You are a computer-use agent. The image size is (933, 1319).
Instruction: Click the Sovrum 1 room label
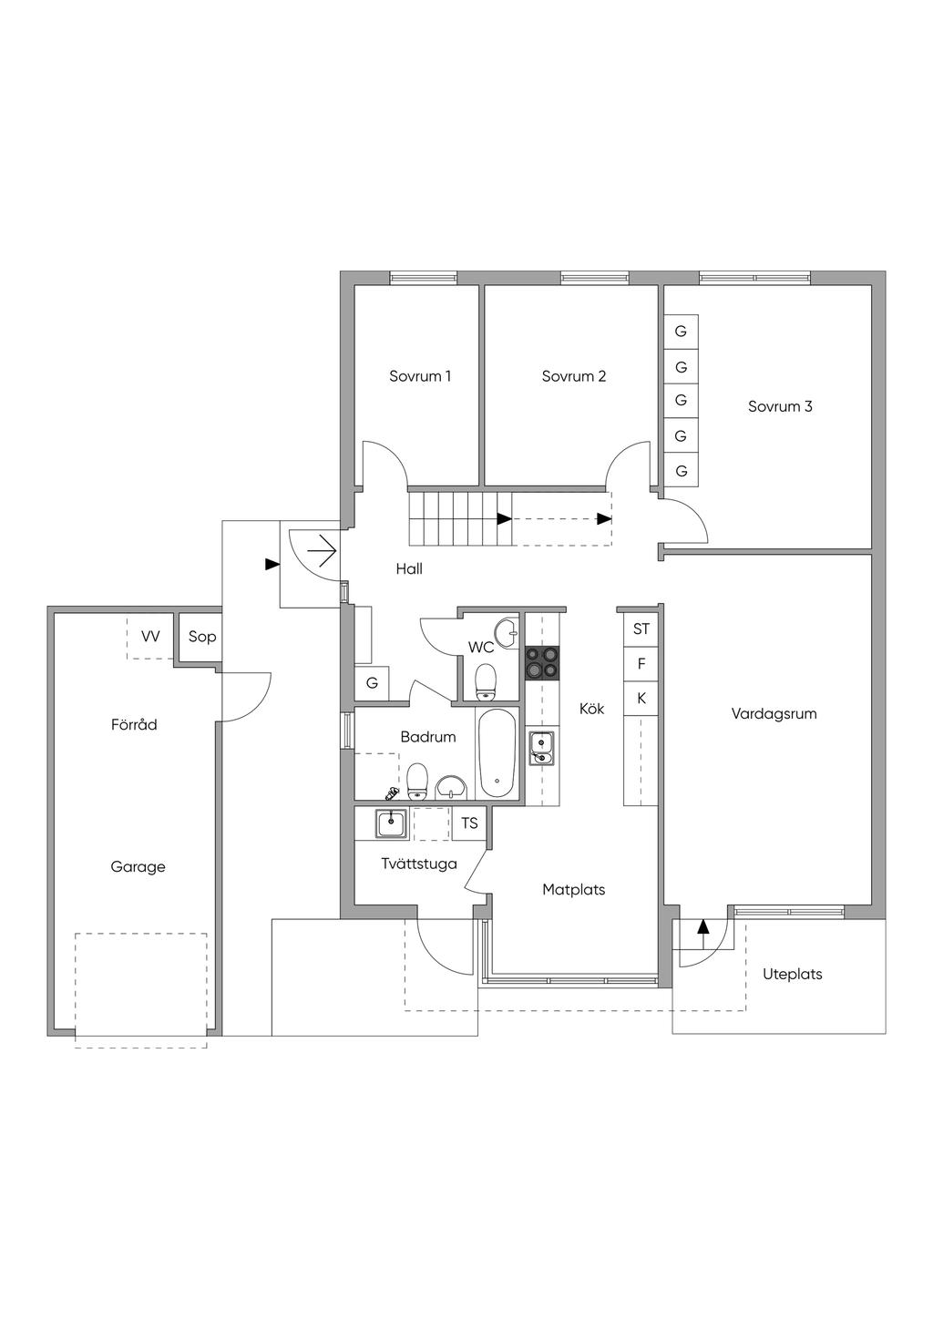(420, 376)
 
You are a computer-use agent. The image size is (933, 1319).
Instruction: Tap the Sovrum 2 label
(574, 376)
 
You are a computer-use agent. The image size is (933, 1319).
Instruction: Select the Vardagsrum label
(774, 714)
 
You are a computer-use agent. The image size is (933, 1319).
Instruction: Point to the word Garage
(138, 867)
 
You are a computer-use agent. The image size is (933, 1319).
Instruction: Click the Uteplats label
(793, 975)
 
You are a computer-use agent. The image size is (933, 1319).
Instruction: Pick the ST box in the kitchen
(641, 629)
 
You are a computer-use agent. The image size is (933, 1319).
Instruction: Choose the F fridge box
(641, 664)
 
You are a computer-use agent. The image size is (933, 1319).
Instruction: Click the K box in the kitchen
(641, 699)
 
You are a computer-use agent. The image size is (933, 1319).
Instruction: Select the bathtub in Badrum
(497, 753)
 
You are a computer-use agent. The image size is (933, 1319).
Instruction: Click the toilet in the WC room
(487, 679)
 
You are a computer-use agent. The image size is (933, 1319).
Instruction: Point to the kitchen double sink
(542, 748)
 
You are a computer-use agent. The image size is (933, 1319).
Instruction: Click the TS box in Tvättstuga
(469, 823)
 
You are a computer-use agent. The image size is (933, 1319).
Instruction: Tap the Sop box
(202, 637)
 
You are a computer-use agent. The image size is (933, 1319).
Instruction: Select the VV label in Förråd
(150, 637)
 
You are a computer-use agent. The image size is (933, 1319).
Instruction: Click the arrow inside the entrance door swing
(323, 551)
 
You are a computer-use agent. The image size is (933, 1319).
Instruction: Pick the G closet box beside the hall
(372, 683)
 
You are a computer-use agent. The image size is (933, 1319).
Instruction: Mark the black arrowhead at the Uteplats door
(702, 927)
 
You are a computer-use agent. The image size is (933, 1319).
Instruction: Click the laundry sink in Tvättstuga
(393, 823)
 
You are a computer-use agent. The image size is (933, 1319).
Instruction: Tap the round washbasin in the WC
(506, 631)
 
